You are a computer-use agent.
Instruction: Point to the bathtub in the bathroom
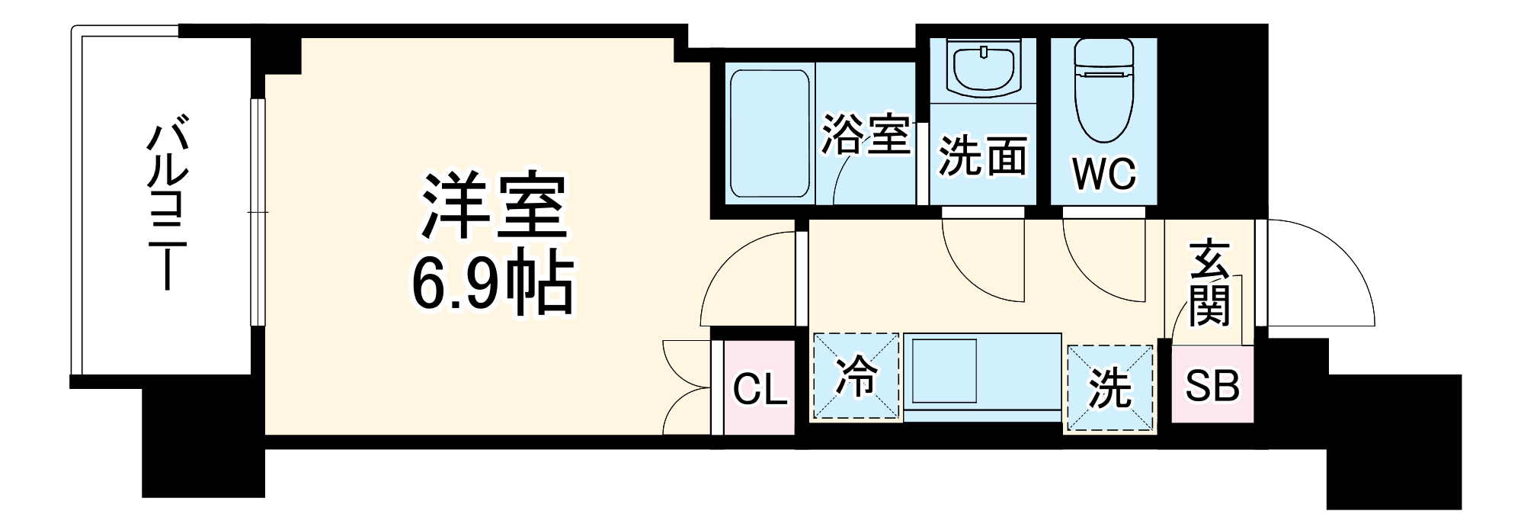(x=770, y=136)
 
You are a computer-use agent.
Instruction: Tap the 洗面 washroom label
(x=981, y=156)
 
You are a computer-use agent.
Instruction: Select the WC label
(x=1104, y=174)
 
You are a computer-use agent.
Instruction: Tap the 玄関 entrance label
(x=1209, y=282)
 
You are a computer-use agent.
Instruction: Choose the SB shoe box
(x=1212, y=386)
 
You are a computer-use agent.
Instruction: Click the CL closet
(x=759, y=390)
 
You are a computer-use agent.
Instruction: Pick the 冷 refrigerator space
(x=856, y=377)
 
